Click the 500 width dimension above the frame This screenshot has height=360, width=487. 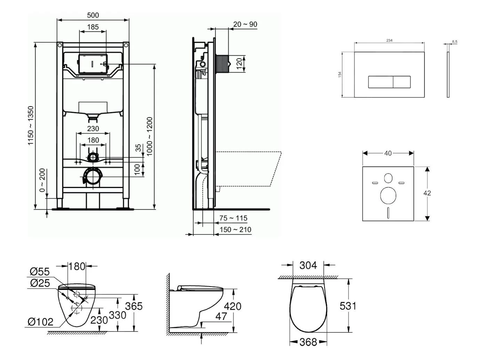pos(93,15)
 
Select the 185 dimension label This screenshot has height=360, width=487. pos(93,27)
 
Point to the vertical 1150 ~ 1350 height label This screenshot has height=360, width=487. pos(31,126)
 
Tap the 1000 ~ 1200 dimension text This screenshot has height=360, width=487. pos(150,136)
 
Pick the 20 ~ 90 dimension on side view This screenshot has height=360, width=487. pos(245,24)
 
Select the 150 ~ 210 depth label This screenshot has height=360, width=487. pos(235,229)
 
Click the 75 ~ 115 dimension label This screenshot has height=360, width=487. pos(233,218)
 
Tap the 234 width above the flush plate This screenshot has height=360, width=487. pos(389,40)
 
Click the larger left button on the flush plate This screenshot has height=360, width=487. pos(381,82)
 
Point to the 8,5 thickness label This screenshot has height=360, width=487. pos(454,41)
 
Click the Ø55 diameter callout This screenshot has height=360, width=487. pos(40,271)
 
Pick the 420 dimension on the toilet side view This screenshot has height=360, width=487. pos(232,306)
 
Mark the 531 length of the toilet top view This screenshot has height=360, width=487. pos(348,306)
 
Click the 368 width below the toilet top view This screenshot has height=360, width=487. pos(308,342)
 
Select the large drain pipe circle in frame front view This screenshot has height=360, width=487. pos(93,177)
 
